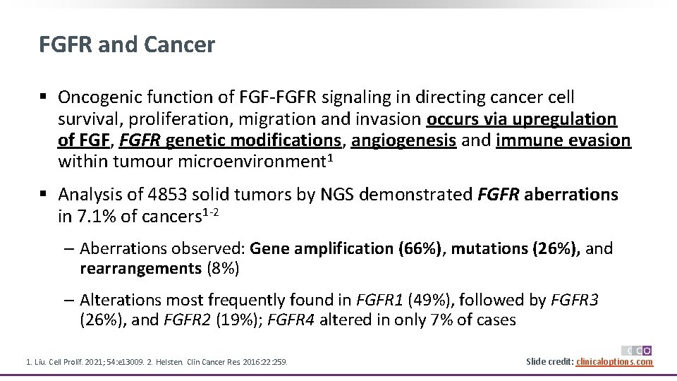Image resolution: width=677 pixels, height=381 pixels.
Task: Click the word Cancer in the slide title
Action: tap(179, 45)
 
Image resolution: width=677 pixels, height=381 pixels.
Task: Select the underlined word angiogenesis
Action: tap(403, 140)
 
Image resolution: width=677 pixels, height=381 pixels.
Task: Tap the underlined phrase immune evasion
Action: tap(563, 140)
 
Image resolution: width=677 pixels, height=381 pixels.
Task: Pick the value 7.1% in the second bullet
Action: tap(98, 217)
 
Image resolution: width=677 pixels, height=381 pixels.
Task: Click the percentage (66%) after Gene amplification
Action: tap(420, 248)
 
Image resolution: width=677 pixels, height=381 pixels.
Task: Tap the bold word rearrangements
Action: tap(140, 268)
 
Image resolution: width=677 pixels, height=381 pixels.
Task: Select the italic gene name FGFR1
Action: tap(379, 300)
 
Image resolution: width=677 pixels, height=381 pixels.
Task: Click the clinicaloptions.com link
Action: tap(614, 362)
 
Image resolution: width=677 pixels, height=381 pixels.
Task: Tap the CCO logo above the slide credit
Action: tap(637, 350)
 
